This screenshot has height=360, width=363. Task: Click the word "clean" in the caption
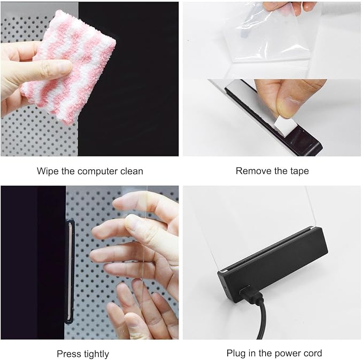click(132, 171)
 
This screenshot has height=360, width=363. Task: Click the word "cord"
click(312, 353)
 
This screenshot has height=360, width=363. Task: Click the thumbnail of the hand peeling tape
click(272, 118)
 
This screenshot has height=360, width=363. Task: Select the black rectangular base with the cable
click(273, 265)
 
